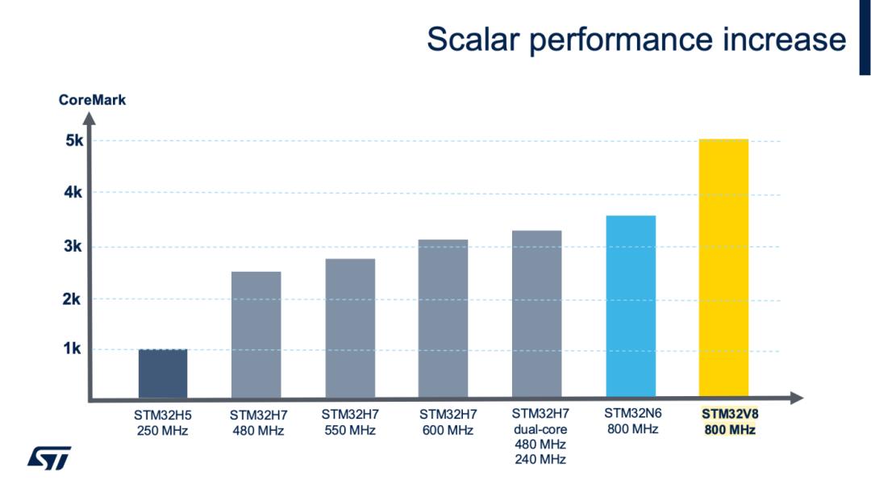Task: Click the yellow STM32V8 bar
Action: pos(723,268)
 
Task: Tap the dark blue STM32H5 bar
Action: pos(162,374)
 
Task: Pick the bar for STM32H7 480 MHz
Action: pos(256,335)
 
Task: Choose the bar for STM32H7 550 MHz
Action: pos(350,328)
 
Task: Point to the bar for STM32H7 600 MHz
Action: pos(444,319)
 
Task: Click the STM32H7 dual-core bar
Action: pos(536,314)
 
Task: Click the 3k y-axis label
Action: pos(73,247)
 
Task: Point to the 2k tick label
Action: pos(73,299)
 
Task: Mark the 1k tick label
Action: pos(73,349)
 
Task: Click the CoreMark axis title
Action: pos(92,100)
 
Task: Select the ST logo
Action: pos(49,457)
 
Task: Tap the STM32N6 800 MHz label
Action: pos(632,421)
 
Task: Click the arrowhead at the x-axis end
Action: pos(797,398)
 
